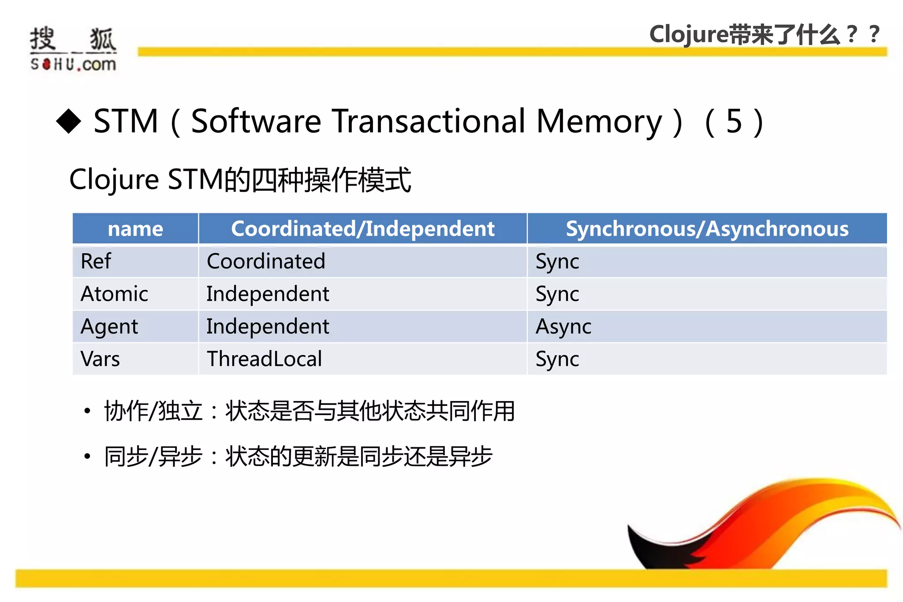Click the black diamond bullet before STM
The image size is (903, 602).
69,121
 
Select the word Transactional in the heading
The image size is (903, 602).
429,121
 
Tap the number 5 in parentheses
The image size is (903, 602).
734,121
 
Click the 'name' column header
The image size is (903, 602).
135,229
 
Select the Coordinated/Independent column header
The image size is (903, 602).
362,229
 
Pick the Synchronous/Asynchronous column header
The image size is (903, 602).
707,229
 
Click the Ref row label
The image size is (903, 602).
96,261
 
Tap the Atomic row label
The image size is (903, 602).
114,294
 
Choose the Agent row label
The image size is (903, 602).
109,327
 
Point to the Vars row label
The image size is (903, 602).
100,359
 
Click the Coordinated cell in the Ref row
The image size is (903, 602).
266,261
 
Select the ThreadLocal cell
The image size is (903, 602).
264,359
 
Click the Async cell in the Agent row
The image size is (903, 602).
563,327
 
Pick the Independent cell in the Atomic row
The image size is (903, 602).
268,294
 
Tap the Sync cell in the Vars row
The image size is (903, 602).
557,359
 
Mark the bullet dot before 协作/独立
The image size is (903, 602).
87,411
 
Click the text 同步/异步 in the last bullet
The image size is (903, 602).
153,457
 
